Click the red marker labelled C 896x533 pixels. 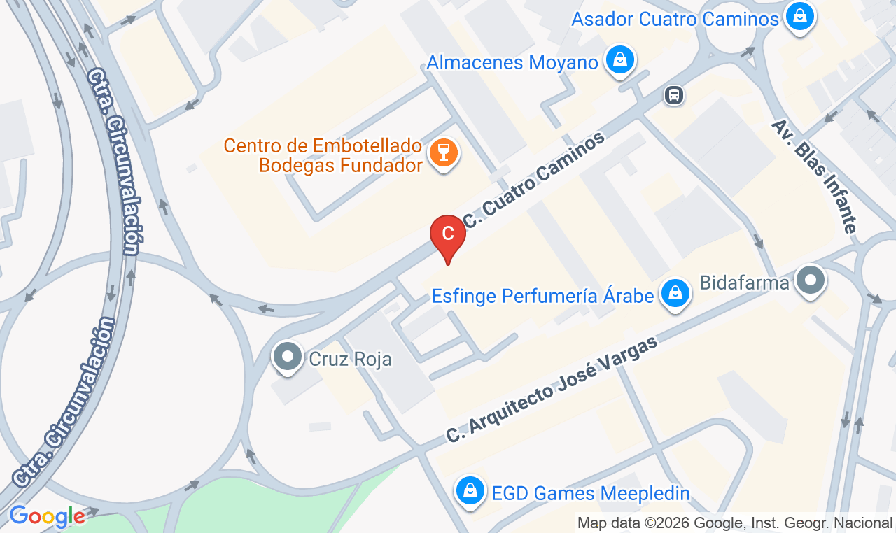point(448,234)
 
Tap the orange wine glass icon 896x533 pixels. point(443,151)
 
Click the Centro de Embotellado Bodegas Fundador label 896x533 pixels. point(323,156)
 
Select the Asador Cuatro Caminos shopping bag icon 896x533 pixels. point(799,15)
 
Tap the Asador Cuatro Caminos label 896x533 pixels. point(675,19)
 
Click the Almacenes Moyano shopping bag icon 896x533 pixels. point(619,60)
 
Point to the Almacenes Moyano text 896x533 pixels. point(512,62)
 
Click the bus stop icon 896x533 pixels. point(674,95)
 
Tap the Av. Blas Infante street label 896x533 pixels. point(815,176)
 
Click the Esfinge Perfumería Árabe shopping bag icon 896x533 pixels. point(675,294)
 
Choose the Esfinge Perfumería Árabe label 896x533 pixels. point(542,296)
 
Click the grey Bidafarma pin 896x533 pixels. point(811,281)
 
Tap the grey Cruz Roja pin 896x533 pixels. point(287,357)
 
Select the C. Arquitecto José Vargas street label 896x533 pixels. point(553,389)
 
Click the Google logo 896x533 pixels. point(47,516)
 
